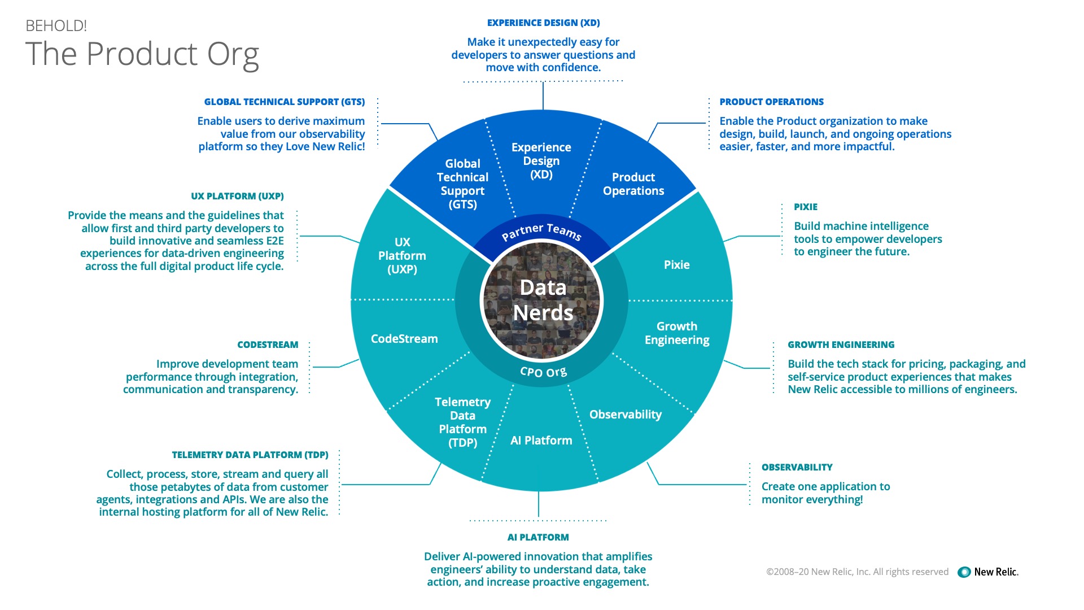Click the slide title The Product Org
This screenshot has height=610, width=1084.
[x=142, y=54]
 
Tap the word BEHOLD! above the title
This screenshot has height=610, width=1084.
[x=56, y=26]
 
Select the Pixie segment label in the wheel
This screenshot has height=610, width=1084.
[x=676, y=265]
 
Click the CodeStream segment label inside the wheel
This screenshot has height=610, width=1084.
[x=404, y=339]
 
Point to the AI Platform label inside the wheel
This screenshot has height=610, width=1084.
[x=541, y=441]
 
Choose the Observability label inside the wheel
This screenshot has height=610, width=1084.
[x=625, y=415]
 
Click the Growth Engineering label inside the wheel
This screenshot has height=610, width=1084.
[x=677, y=333]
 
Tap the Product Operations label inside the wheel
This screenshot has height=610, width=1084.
[x=633, y=184]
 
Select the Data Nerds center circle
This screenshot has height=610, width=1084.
[x=543, y=300]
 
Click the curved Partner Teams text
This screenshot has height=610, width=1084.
[x=541, y=231]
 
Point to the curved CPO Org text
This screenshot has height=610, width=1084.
[x=543, y=372]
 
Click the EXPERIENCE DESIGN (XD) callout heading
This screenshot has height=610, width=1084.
[x=543, y=23]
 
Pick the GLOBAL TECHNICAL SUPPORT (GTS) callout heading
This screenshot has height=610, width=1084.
[x=285, y=102]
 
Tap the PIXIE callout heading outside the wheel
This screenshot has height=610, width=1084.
[x=805, y=207]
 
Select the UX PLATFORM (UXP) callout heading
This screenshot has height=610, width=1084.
[x=237, y=197]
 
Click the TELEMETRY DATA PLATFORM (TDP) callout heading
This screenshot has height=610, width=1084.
[x=250, y=455]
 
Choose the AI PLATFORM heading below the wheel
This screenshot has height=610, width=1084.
[x=538, y=538]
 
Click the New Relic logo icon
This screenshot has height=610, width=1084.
[x=964, y=572]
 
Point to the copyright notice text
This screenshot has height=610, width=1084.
[x=857, y=572]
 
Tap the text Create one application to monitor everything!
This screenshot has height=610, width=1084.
[x=825, y=493]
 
